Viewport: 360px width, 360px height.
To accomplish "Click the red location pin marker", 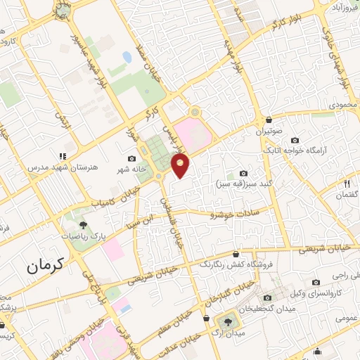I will [x=181, y=166].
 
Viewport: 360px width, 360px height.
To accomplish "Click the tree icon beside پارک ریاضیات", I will [x=84, y=226].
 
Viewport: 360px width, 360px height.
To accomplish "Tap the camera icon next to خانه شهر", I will [x=131, y=158].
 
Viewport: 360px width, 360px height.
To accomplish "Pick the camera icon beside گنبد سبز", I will [x=243, y=173].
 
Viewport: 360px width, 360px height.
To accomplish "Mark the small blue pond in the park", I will [x=127, y=56].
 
